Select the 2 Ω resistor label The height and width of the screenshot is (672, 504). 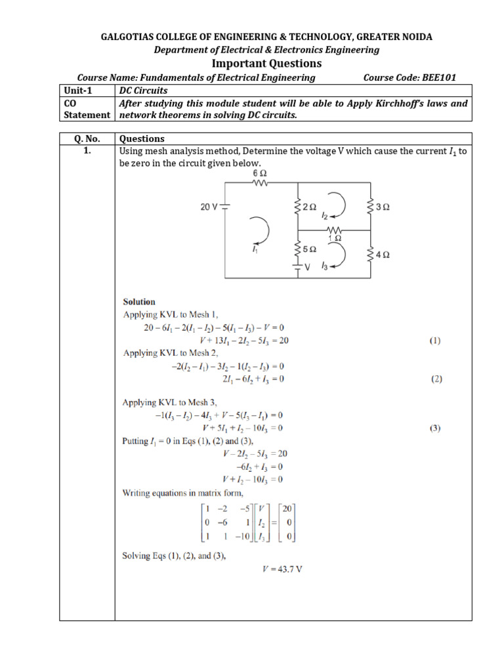(x=310, y=207)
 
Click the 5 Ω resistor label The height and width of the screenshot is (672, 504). (x=310, y=250)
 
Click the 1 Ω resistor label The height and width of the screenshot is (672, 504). (x=334, y=238)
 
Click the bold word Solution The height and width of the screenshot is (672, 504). (x=140, y=302)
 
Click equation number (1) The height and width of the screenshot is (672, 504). (x=435, y=341)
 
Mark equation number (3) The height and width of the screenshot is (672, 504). (x=435, y=429)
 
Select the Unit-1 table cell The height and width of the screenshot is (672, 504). (x=87, y=91)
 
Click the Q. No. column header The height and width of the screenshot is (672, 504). (x=87, y=139)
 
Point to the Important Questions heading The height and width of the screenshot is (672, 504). (x=266, y=63)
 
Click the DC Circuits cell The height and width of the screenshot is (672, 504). (x=144, y=91)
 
